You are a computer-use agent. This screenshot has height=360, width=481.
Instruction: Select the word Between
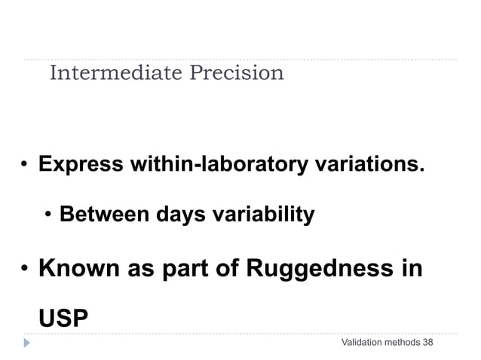[104, 215]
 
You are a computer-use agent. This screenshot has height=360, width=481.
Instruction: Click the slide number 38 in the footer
[428, 343]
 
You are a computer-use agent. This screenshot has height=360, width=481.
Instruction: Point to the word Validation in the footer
[362, 343]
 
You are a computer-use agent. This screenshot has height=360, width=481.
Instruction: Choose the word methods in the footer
[403, 343]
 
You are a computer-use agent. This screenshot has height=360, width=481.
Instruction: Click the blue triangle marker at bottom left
[27, 343]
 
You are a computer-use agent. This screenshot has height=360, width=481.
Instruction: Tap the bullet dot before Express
[24, 165]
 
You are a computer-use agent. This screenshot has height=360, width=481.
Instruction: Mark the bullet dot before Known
[24, 270]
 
